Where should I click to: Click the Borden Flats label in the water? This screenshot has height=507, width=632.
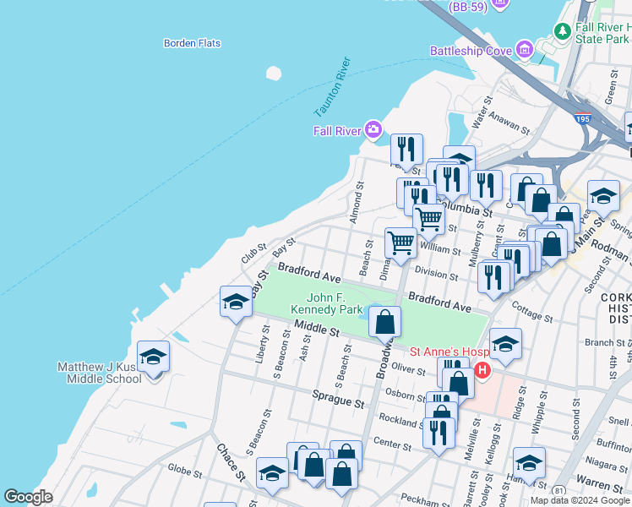192,43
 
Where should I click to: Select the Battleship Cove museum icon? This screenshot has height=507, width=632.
526,51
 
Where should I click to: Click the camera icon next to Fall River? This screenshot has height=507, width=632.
373,130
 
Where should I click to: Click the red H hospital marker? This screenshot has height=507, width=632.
482,370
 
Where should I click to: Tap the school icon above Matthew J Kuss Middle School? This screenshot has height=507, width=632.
153,356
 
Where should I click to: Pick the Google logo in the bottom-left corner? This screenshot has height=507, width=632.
29,498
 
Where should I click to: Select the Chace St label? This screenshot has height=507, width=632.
231,464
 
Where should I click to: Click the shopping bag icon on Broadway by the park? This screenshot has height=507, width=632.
384,322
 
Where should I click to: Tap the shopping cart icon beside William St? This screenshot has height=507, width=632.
400,243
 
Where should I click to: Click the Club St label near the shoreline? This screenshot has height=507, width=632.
253,253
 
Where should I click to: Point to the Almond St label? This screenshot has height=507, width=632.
357,203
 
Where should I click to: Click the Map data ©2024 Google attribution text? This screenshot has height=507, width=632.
580,500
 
